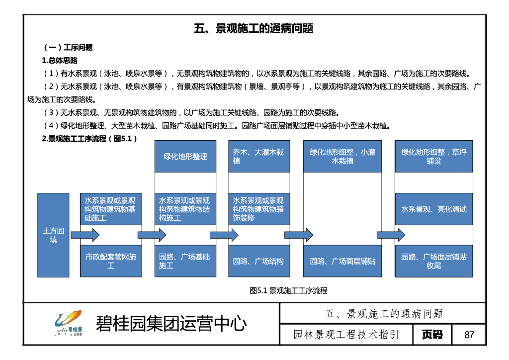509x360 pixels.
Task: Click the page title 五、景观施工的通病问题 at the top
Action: [254, 28]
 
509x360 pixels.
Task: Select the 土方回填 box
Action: [53, 235]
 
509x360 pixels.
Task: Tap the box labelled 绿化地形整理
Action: [185, 156]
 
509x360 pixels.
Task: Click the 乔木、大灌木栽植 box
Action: [259, 156]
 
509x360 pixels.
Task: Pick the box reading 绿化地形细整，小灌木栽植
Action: [342, 156]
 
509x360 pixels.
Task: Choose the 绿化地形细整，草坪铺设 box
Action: [433, 156]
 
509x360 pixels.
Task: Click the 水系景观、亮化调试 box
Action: [433, 209]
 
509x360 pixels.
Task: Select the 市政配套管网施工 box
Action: [110, 261]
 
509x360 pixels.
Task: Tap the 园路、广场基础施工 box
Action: [185, 261]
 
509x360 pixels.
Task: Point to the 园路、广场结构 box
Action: [259, 261]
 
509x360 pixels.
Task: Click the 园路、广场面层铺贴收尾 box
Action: [433, 261]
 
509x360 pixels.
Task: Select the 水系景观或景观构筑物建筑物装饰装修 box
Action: [259, 209]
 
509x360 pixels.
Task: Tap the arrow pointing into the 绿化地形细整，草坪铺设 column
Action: [391, 235]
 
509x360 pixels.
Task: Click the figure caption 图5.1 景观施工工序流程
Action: [288, 291]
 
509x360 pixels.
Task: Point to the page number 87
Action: [469, 335]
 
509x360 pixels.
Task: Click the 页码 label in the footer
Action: [432, 335]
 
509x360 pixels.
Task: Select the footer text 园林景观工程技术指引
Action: [346, 335]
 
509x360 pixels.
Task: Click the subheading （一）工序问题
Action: [68, 48]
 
